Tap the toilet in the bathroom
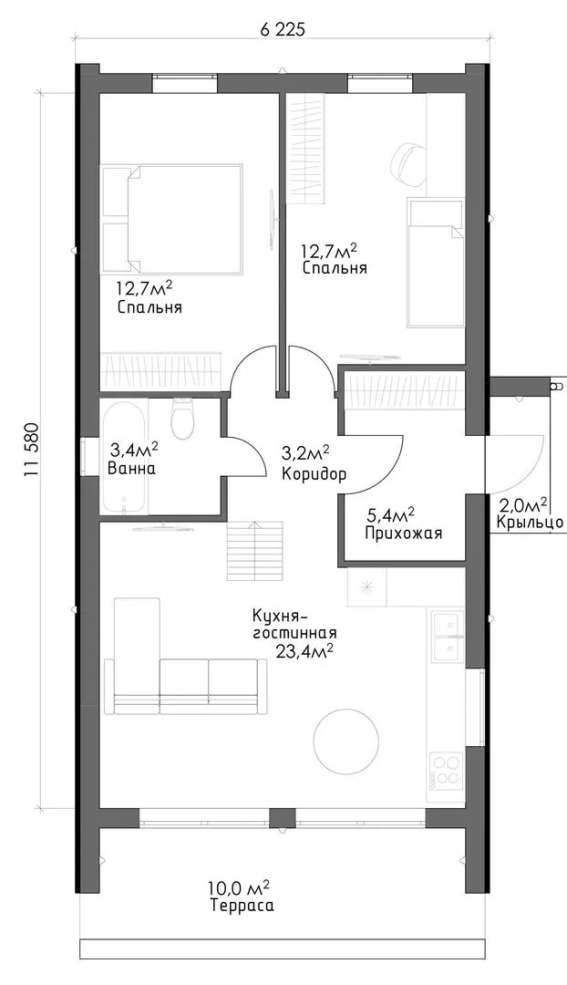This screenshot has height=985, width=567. click(x=182, y=419)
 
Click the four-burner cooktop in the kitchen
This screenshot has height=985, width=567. click(x=447, y=770)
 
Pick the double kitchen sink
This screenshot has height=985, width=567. click(x=447, y=637)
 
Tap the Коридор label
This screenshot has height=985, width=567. click(x=314, y=474)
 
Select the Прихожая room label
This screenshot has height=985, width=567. click(x=403, y=534)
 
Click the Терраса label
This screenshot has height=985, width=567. click(x=242, y=907)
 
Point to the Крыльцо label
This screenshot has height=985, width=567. click(x=530, y=522)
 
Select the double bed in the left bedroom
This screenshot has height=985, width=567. click(x=171, y=219)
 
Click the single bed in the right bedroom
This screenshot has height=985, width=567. click(x=436, y=263)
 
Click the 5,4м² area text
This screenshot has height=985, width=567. click(x=390, y=517)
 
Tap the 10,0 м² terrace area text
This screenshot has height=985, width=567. click(x=242, y=889)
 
